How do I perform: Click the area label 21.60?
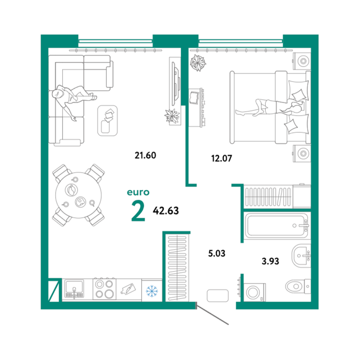[145, 156]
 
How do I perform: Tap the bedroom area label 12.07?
[222, 158]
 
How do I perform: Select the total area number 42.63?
[166, 210]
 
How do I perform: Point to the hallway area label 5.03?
[217, 254]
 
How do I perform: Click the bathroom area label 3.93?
[270, 261]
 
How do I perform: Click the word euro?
[138, 192]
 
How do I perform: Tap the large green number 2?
[138, 211]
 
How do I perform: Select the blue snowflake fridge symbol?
[152, 291]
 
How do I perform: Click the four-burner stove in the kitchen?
[105, 289]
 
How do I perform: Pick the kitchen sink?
[74, 289]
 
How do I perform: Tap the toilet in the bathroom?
[298, 286]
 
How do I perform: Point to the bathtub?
[277, 225]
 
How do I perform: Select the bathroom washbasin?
[301, 255]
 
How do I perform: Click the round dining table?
[79, 195]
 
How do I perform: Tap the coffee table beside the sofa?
[107, 120]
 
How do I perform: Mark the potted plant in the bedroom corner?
[198, 63]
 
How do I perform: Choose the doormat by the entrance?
[217, 295]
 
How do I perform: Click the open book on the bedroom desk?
[194, 97]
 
